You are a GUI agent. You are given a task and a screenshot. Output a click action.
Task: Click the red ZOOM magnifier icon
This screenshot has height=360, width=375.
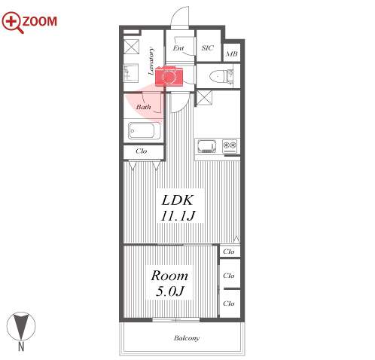tap(12, 22)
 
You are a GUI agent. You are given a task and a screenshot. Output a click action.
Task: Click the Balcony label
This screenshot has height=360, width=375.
tap(187, 338)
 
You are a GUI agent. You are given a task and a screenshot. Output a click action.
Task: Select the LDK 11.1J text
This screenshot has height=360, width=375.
tap(178, 208)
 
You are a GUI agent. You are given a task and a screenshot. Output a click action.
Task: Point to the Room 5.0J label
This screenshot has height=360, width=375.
tap(169, 283)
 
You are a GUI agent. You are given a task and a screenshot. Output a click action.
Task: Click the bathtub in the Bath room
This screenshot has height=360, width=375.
tap(145, 130)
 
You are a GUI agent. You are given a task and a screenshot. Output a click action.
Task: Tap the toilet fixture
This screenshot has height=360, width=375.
tap(221, 76)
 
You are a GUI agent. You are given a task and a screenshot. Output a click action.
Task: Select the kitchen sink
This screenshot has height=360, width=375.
tap(207, 146)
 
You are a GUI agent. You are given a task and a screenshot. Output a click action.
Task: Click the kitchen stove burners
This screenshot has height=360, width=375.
tap(230, 146)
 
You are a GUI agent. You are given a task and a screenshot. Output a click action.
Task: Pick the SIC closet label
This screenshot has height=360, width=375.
tap(207, 47)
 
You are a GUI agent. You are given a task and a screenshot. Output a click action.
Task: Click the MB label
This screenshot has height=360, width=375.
tap(231, 53)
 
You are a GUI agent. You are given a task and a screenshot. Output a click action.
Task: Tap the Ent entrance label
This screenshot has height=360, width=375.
tap(178, 48)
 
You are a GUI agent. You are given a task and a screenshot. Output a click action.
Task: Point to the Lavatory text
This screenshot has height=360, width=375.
tap(151, 61)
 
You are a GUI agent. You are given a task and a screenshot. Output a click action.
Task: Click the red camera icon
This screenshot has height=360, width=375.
tap(169, 76)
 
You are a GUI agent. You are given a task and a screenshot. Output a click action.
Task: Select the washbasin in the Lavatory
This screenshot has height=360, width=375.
tap(131, 73)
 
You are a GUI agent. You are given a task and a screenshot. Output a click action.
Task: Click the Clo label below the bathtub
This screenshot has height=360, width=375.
tap(141, 151)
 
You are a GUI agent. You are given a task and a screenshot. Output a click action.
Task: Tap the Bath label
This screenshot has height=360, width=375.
tap(143, 107)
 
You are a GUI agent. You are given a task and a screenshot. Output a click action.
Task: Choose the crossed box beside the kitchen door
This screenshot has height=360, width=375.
tap(204, 98)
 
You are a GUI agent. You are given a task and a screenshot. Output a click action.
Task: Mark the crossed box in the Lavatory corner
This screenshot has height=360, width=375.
tap(131, 47)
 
